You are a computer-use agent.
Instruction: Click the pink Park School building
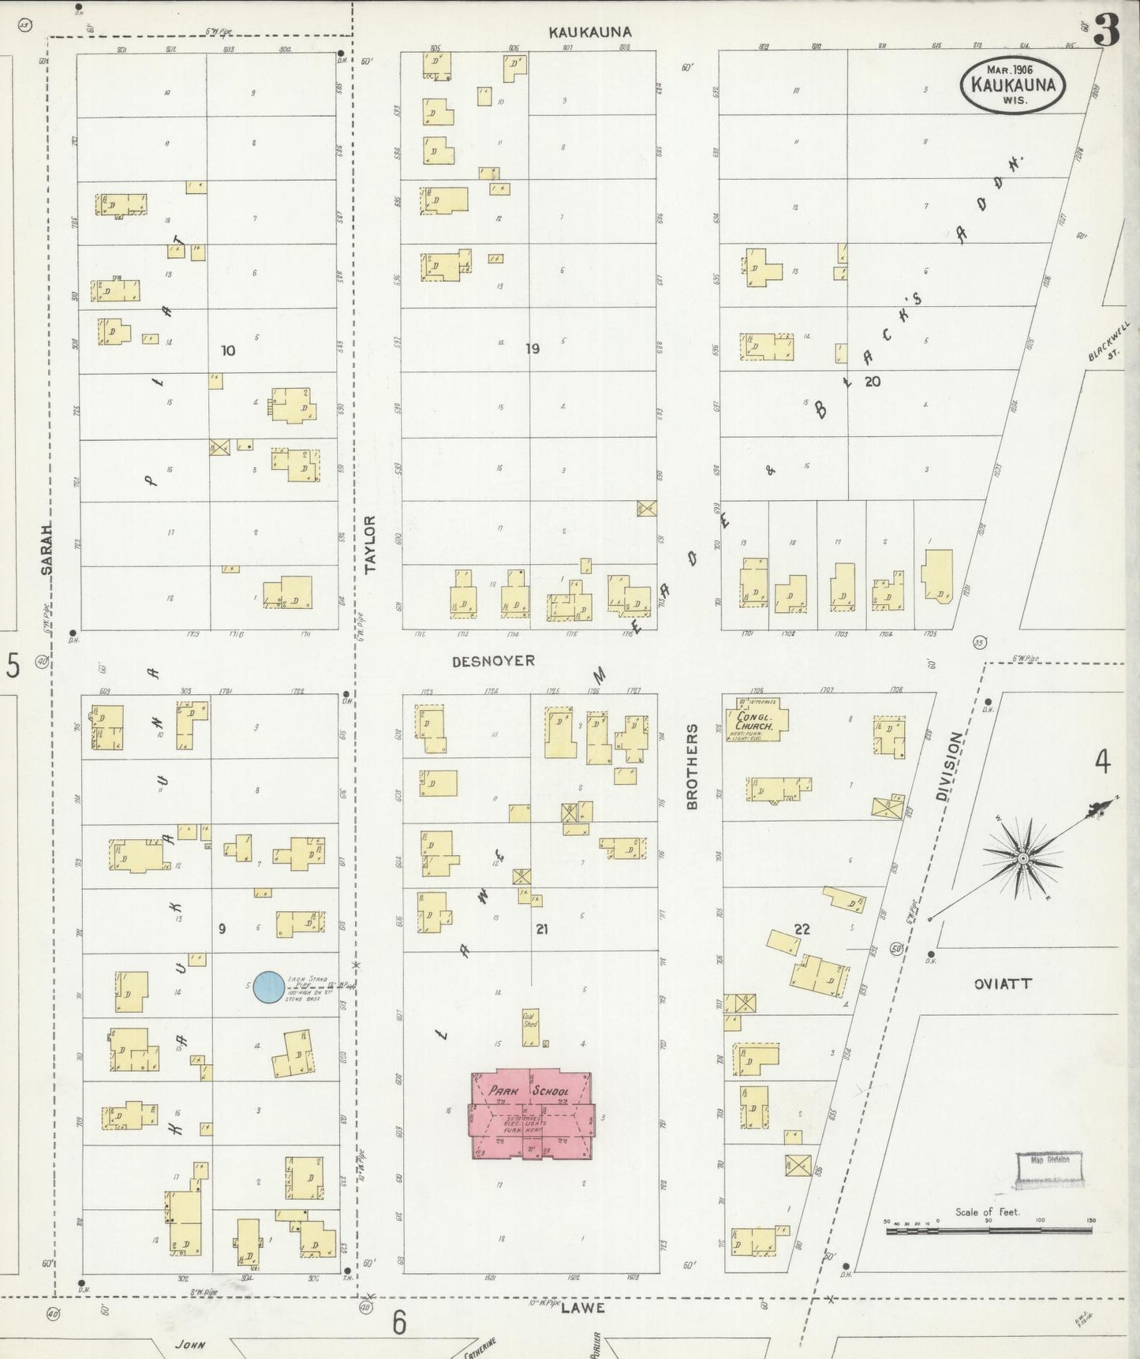click(530, 1114)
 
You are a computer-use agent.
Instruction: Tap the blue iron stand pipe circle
click(269, 988)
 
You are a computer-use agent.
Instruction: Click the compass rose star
click(1022, 857)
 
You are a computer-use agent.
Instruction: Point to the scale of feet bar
click(988, 1229)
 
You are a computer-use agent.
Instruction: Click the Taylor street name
click(371, 544)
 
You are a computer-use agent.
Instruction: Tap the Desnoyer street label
click(493, 661)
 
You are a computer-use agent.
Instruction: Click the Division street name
click(950, 767)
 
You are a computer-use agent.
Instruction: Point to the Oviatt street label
click(1003, 984)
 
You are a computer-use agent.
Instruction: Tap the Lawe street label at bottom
click(583, 1307)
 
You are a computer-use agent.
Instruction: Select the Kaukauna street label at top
click(590, 32)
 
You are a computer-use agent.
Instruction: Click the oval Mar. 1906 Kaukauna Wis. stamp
click(1013, 84)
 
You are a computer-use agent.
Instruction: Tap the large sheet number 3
click(1108, 32)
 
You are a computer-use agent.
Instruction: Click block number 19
click(533, 349)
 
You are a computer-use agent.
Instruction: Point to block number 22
click(802, 929)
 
